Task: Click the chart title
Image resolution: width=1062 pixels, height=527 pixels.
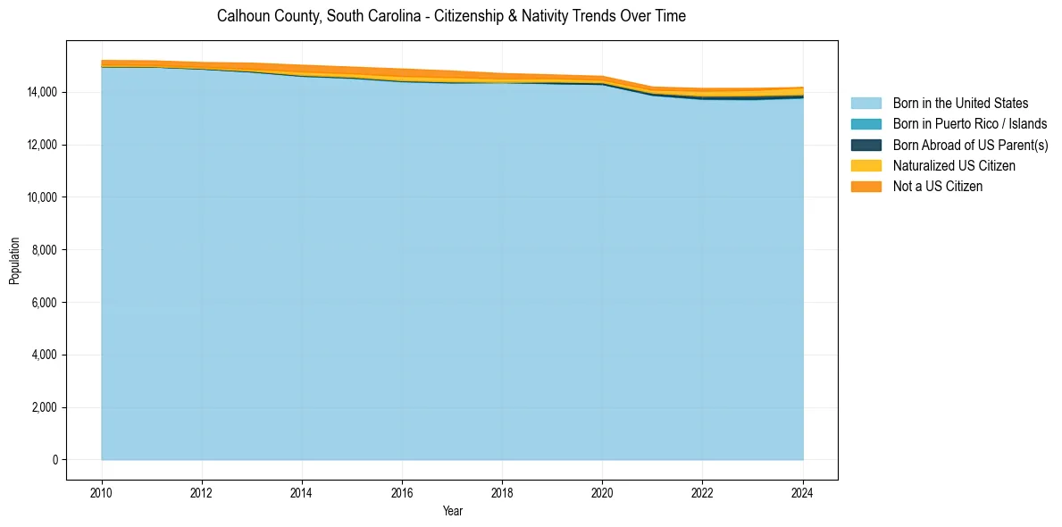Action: coord(451,16)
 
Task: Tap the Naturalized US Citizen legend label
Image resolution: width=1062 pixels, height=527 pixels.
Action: coord(954,165)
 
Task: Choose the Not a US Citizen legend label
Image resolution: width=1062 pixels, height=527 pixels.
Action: coord(938,186)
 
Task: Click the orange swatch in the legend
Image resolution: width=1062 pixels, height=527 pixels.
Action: coord(865,186)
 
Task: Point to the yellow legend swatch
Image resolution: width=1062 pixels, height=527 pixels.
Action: coord(865,165)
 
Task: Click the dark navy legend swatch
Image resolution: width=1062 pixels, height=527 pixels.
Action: coord(865,145)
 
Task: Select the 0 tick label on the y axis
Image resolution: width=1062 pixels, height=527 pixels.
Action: coord(54,460)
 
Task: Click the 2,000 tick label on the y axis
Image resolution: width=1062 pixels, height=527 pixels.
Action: coord(42,407)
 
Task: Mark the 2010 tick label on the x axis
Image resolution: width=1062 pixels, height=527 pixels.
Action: coord(102,492)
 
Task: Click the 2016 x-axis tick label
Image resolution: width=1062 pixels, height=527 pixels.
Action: coord(402,492)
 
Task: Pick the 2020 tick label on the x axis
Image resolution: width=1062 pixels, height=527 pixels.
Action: coord(602,492)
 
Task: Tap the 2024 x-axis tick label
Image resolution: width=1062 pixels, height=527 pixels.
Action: coord(803,492)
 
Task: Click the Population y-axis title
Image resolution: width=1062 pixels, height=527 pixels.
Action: coord(14,260)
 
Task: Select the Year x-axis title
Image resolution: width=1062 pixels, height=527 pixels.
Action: coord(452,511)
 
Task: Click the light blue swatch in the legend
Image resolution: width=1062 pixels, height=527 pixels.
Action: coord(865,104)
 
